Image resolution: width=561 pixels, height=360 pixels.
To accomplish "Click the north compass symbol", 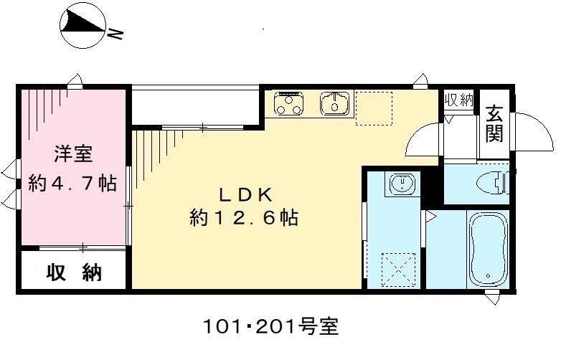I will click(x=85, y=27).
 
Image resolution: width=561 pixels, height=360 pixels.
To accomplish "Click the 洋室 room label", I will click(x=72, y=153).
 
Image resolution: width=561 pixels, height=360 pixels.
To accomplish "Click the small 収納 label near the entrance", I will click(x=459, y=100).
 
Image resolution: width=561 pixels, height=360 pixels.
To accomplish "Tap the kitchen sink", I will click(x=334, y=103).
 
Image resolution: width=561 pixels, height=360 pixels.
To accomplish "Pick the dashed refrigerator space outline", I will click(x=374, y=108).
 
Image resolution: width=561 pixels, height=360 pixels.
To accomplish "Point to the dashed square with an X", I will click(x=400, y=270).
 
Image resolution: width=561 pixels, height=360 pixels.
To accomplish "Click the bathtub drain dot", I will click(x=489, y=275).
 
